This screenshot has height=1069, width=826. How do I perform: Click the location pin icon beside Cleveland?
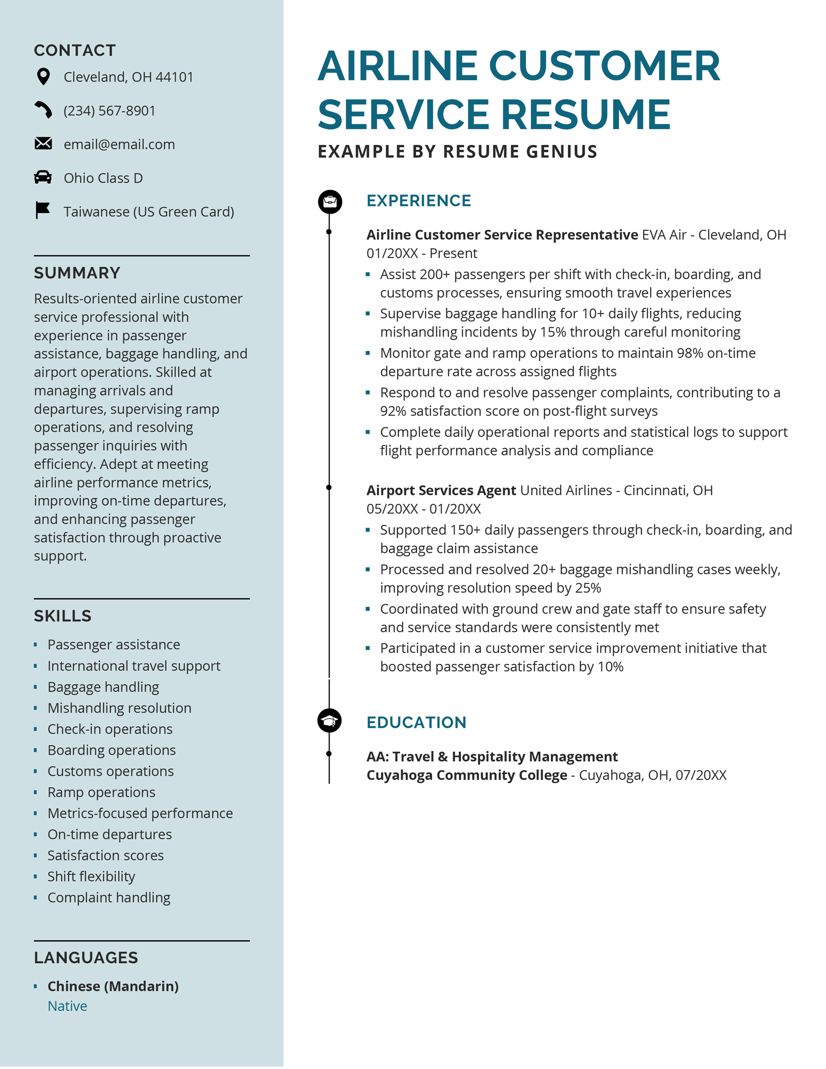click(44, 77)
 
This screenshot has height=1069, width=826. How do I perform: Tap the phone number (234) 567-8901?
click(109, 111)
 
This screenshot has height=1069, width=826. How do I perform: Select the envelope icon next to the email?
click(43, 143)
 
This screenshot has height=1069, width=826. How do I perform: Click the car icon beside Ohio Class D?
click(43, 178)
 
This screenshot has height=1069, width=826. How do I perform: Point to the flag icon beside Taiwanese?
click(42, 211)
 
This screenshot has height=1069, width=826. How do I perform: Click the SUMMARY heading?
click(77, 273)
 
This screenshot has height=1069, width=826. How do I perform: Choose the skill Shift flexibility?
click(91, 876)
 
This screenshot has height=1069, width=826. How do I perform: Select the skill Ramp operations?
click(101, 792)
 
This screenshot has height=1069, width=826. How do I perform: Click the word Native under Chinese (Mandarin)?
click(67, 1006)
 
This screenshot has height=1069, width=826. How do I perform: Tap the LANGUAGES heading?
click(86, 958)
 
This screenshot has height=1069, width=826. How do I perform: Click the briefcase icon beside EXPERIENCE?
click(330, 202)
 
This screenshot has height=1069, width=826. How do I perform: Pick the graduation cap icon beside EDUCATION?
click(329, 721)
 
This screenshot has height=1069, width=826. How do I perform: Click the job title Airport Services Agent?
click(441, 490)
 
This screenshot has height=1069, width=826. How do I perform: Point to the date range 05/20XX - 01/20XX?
click(423, 509)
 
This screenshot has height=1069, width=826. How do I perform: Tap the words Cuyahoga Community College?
click(467, 776)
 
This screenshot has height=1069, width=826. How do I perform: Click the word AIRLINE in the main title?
click(398, 66)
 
